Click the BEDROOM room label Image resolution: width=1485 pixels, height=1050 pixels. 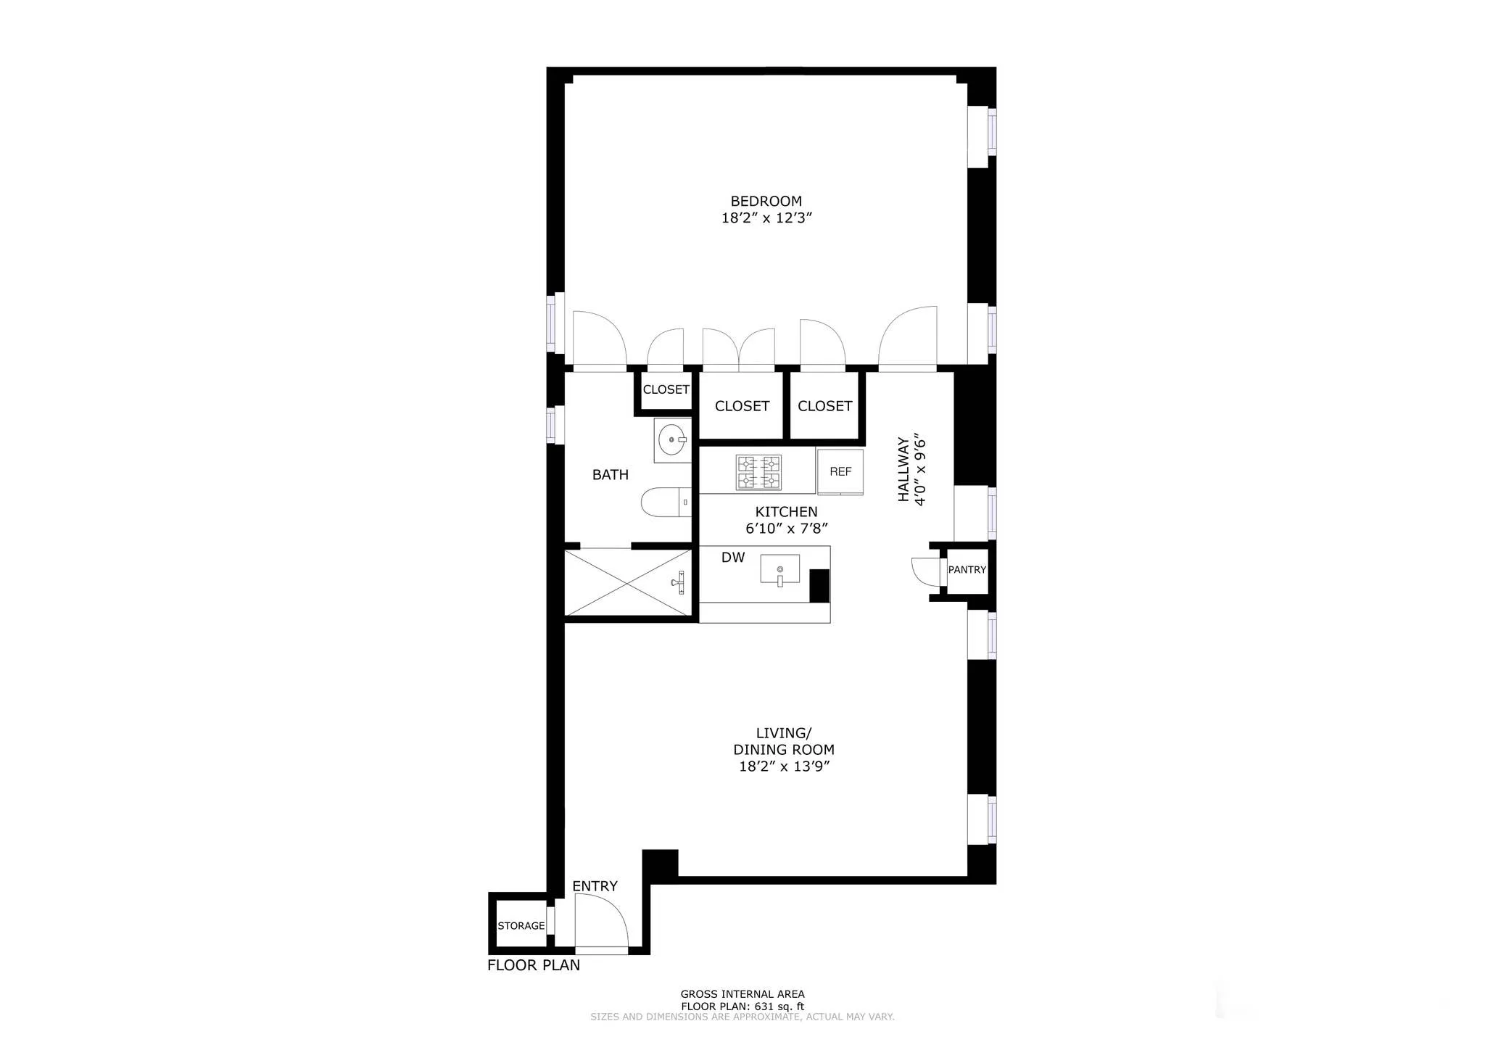[x=766, y=201]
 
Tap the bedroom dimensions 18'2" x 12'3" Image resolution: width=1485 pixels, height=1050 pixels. [x=766, y=218]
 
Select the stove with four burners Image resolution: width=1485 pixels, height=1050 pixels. [x=758, y=472]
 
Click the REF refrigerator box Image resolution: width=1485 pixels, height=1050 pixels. [x=840, y=471]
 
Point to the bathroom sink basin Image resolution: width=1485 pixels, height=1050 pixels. [x=672, y=439]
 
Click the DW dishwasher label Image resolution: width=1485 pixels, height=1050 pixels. [x=733, y=558]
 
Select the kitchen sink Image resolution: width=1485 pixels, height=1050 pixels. [x=779, y=569]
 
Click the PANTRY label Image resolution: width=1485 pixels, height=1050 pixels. [x=967, y=570]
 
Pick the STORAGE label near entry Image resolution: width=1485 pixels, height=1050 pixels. [x=521, y=926]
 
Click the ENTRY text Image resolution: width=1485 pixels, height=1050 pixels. [x=595, y=886]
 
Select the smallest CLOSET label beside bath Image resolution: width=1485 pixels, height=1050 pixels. [x=666, y=389]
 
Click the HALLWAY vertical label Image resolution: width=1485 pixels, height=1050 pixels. [x=903, y=469]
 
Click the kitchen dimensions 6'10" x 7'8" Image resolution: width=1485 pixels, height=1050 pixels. [x=787, y=529]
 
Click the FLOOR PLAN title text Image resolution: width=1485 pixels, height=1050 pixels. [x=534, y=965]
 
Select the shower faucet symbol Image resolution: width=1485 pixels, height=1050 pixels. [x=679, y=582]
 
